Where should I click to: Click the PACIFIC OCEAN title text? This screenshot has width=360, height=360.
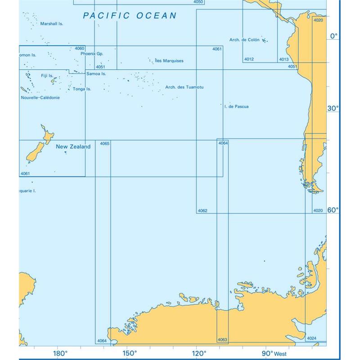click(130, 16)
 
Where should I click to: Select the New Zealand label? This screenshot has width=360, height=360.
click(73, 147)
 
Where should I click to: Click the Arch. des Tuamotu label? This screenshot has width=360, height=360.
click(184, 87)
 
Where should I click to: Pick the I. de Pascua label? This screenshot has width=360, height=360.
click(236, 107)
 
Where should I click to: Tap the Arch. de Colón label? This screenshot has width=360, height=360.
click(244, 40)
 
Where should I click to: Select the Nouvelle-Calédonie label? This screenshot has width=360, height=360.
click(40, 97)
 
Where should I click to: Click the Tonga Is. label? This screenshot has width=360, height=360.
click(82, 89)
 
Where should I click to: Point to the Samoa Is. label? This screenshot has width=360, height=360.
click(96, 73)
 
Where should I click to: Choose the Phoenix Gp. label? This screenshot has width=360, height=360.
click(92, 54)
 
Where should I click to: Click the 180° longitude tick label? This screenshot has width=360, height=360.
click(60, 353)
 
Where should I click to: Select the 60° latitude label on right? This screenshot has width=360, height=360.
click(333, 210)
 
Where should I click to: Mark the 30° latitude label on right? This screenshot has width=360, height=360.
click(333, 108)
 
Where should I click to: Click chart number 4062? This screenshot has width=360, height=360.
click(202, 210)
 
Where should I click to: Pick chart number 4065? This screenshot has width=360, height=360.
click(104, 144)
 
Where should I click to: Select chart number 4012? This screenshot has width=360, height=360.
click(249, 59)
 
